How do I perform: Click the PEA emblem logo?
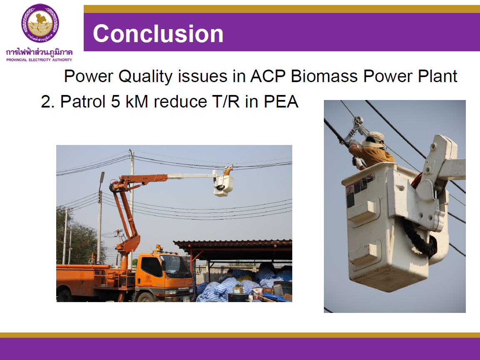(40, 23)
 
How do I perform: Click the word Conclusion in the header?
(158, 33)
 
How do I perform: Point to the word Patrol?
(83, 101)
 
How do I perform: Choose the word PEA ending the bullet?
(281, 101)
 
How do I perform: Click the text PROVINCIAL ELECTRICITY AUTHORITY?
(39, 60)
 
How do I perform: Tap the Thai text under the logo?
(39, 52)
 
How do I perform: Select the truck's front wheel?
(146, 297)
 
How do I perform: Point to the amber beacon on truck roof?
(158, 247)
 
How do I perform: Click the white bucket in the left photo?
(224, 186)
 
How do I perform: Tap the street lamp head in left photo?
(102, 177)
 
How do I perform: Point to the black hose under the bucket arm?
(419, 238)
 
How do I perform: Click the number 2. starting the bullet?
(47, 102)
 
